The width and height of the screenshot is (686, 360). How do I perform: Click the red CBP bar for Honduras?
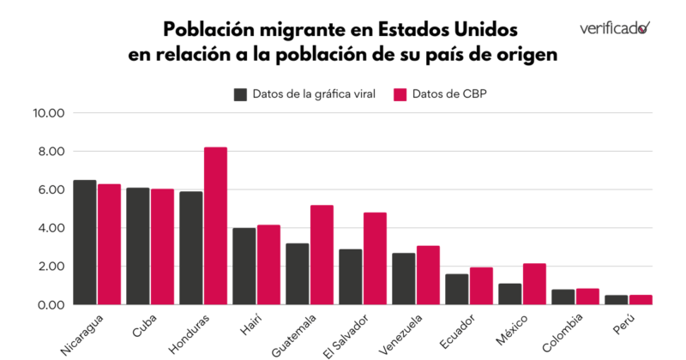pyautogui.click(x=215, y=226)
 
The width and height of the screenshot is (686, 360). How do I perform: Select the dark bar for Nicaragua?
pyautogui.click(x=85, y=243)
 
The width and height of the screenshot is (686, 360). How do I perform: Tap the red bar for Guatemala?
pyautogui.click(x=322, y=255)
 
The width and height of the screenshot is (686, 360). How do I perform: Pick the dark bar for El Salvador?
pyautogui.click(x=350, y=277)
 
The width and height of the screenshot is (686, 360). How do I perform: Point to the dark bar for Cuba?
pyautogui.click(x=138, y=246)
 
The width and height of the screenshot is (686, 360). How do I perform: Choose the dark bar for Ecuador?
pyautogui.click(x=456, y=290)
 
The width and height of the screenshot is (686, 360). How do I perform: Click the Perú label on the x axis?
pyautogui.click(x=625, y=323)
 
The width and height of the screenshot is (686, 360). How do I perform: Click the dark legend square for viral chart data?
pyautogui.click(x=240, y=93)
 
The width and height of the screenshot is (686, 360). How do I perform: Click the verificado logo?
pyautogui.click(x=614, y=27)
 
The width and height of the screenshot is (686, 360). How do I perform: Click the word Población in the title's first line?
pyautogui.click(x=207, y=29)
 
